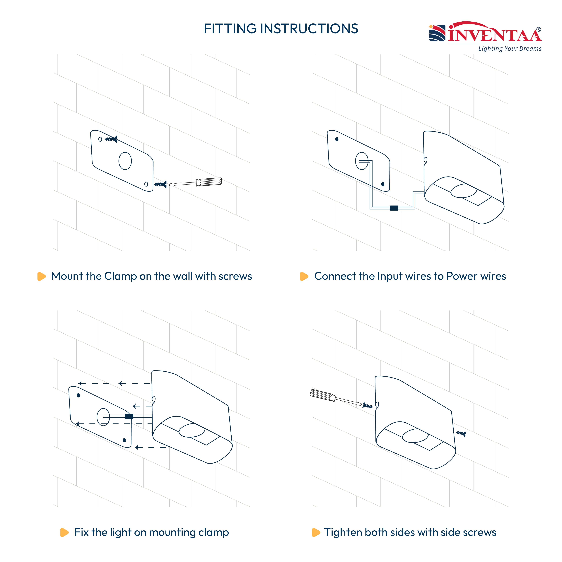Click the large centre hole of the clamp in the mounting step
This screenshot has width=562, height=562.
point(125,161)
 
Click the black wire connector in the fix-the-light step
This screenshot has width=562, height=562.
point(129,416)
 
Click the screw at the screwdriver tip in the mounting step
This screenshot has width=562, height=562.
point(160,184)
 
